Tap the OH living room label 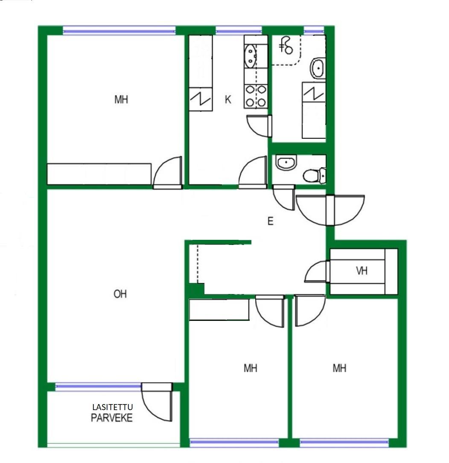click(x=120, y=294)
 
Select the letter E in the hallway click(x=270, y=221)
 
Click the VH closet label click(x=362, y=271)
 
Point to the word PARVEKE click(x=112, y=418)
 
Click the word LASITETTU click(x=113, y=407)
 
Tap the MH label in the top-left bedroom click(x=121, y=99)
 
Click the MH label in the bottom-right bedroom click(x=339, y=368)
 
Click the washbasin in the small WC click(x=286, y=163)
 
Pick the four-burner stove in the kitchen click(x=256, y=96)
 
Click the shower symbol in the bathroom click(x=286, y=46)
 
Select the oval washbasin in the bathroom click(x=318, y=68)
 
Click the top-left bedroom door click(x=167, y=173)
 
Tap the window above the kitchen click(x=239, y=30)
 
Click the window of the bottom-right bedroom click(x=344, y=443)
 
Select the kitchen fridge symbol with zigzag click(x=201, y=99)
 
